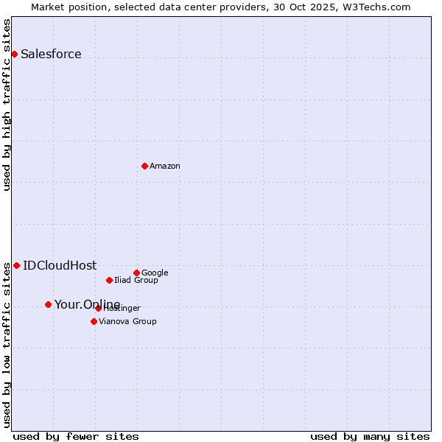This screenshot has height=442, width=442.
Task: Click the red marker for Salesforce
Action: [x=14, y=54]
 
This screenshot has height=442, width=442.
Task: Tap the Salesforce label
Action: [x=51, y=54]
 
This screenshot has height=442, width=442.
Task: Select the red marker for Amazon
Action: [x=144, y=166]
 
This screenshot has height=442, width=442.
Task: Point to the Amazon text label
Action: [x=165, y=166]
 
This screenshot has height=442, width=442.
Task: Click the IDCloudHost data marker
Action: [x=16, y=265]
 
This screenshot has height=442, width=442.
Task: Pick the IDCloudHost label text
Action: [x=60, y=266]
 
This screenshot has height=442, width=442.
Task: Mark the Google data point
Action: [x=136, y=273]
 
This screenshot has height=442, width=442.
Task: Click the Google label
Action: [x=155, y=273]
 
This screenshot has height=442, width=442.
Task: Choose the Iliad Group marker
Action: [x=109, y=280]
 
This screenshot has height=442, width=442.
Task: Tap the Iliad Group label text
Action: [x=136, y=280]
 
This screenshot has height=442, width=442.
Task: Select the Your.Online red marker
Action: [x=48, y=304]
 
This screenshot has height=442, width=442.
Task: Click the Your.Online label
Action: [x=87, y=305]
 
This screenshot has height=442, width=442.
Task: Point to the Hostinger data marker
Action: [x=98, y=308]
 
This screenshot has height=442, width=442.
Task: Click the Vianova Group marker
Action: [x=94, y=321]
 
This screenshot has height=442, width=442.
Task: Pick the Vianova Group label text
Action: [x=127, y=321]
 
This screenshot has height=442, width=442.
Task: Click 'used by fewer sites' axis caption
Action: [x=76, y=436]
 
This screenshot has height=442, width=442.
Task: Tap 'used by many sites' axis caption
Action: [x=370, y=436]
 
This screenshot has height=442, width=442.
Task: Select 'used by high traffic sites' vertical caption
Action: [x=7, y=105]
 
